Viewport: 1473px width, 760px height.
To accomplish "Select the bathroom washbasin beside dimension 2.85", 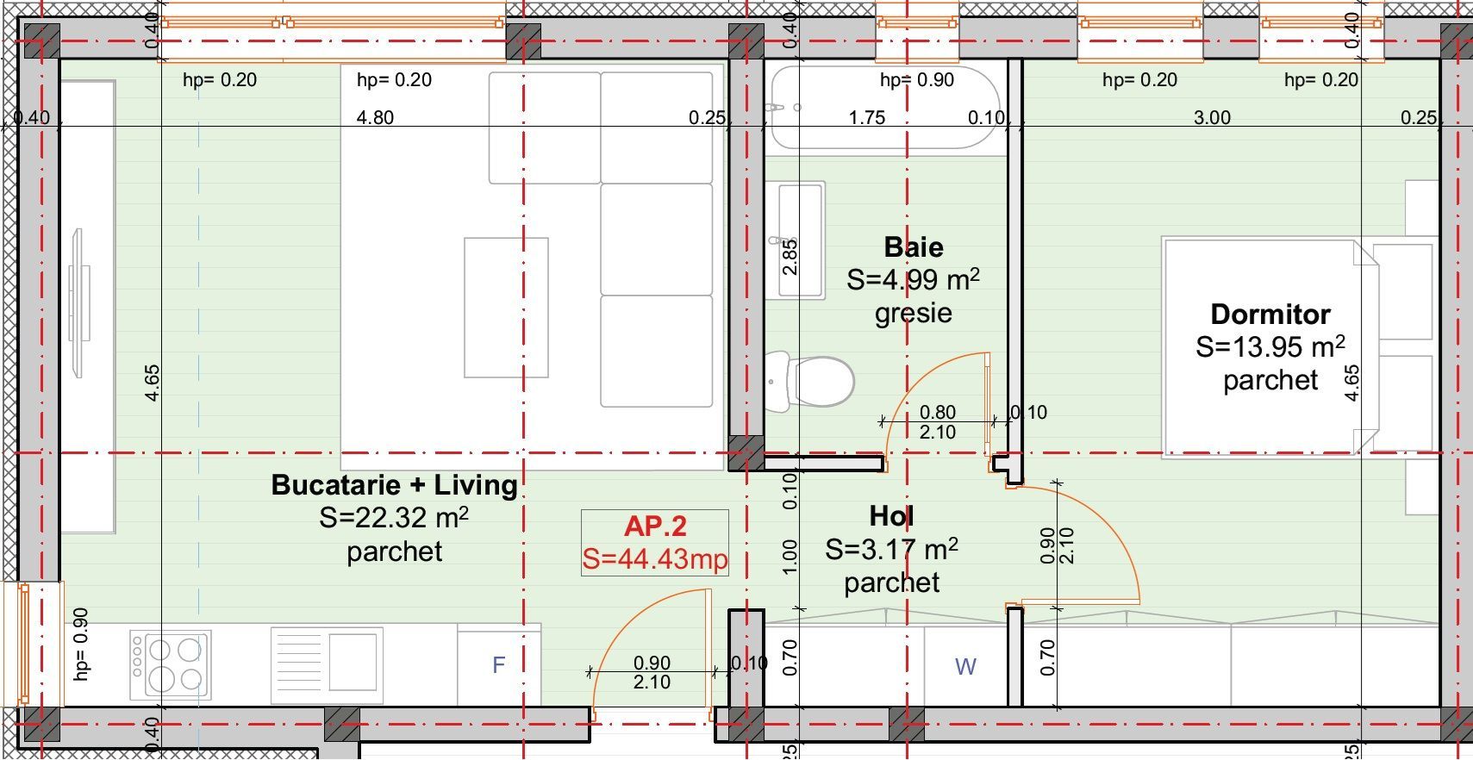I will pos(801,239).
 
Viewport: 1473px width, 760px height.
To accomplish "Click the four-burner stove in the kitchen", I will pos(171,663).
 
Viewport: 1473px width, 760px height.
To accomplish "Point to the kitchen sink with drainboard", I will pos(327,663).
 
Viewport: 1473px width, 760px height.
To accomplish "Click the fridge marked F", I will pos(498,664).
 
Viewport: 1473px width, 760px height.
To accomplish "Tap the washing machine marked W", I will pos(965,665).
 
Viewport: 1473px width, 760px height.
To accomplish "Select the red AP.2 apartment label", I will pos(655,526).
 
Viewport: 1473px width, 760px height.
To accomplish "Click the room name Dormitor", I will pos(1270,314).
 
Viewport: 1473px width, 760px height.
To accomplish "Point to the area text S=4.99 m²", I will pos(913,280).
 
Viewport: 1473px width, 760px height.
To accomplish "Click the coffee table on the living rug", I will pos(506,308).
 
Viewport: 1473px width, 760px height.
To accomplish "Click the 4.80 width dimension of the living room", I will pos(375,117).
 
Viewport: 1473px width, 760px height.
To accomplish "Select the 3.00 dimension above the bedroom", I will pos(1211,118).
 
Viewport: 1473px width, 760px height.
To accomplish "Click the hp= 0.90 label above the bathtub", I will pos(916,80).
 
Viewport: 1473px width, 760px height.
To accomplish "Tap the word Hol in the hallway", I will pos(891,516).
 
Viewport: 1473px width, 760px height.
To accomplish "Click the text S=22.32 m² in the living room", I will pos(394,518).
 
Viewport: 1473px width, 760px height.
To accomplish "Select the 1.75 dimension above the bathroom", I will pos(866,118).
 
